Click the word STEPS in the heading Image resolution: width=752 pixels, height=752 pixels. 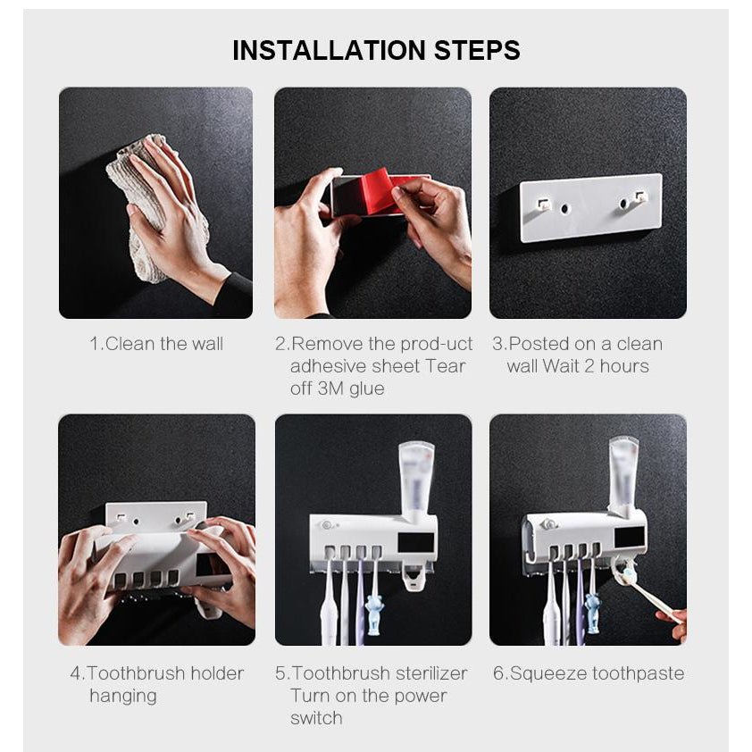477,50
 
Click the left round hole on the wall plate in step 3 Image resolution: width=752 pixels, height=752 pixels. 564,209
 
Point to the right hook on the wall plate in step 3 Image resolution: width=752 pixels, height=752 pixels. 639,196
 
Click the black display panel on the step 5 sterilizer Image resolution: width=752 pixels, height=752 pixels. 415,543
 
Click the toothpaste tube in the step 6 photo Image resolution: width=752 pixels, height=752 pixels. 624,476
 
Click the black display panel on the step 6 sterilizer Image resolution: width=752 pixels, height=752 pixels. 630,537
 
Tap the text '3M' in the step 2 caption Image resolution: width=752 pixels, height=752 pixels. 330,389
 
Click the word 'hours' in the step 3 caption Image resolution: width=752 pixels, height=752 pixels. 624,366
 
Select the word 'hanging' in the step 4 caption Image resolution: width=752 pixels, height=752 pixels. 123,697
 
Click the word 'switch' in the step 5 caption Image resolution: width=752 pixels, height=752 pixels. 316,718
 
